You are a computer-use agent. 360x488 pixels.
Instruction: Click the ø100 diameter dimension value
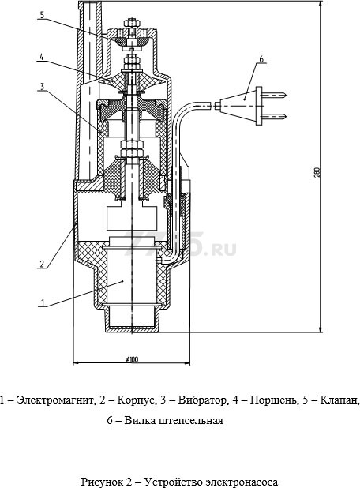130,359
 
